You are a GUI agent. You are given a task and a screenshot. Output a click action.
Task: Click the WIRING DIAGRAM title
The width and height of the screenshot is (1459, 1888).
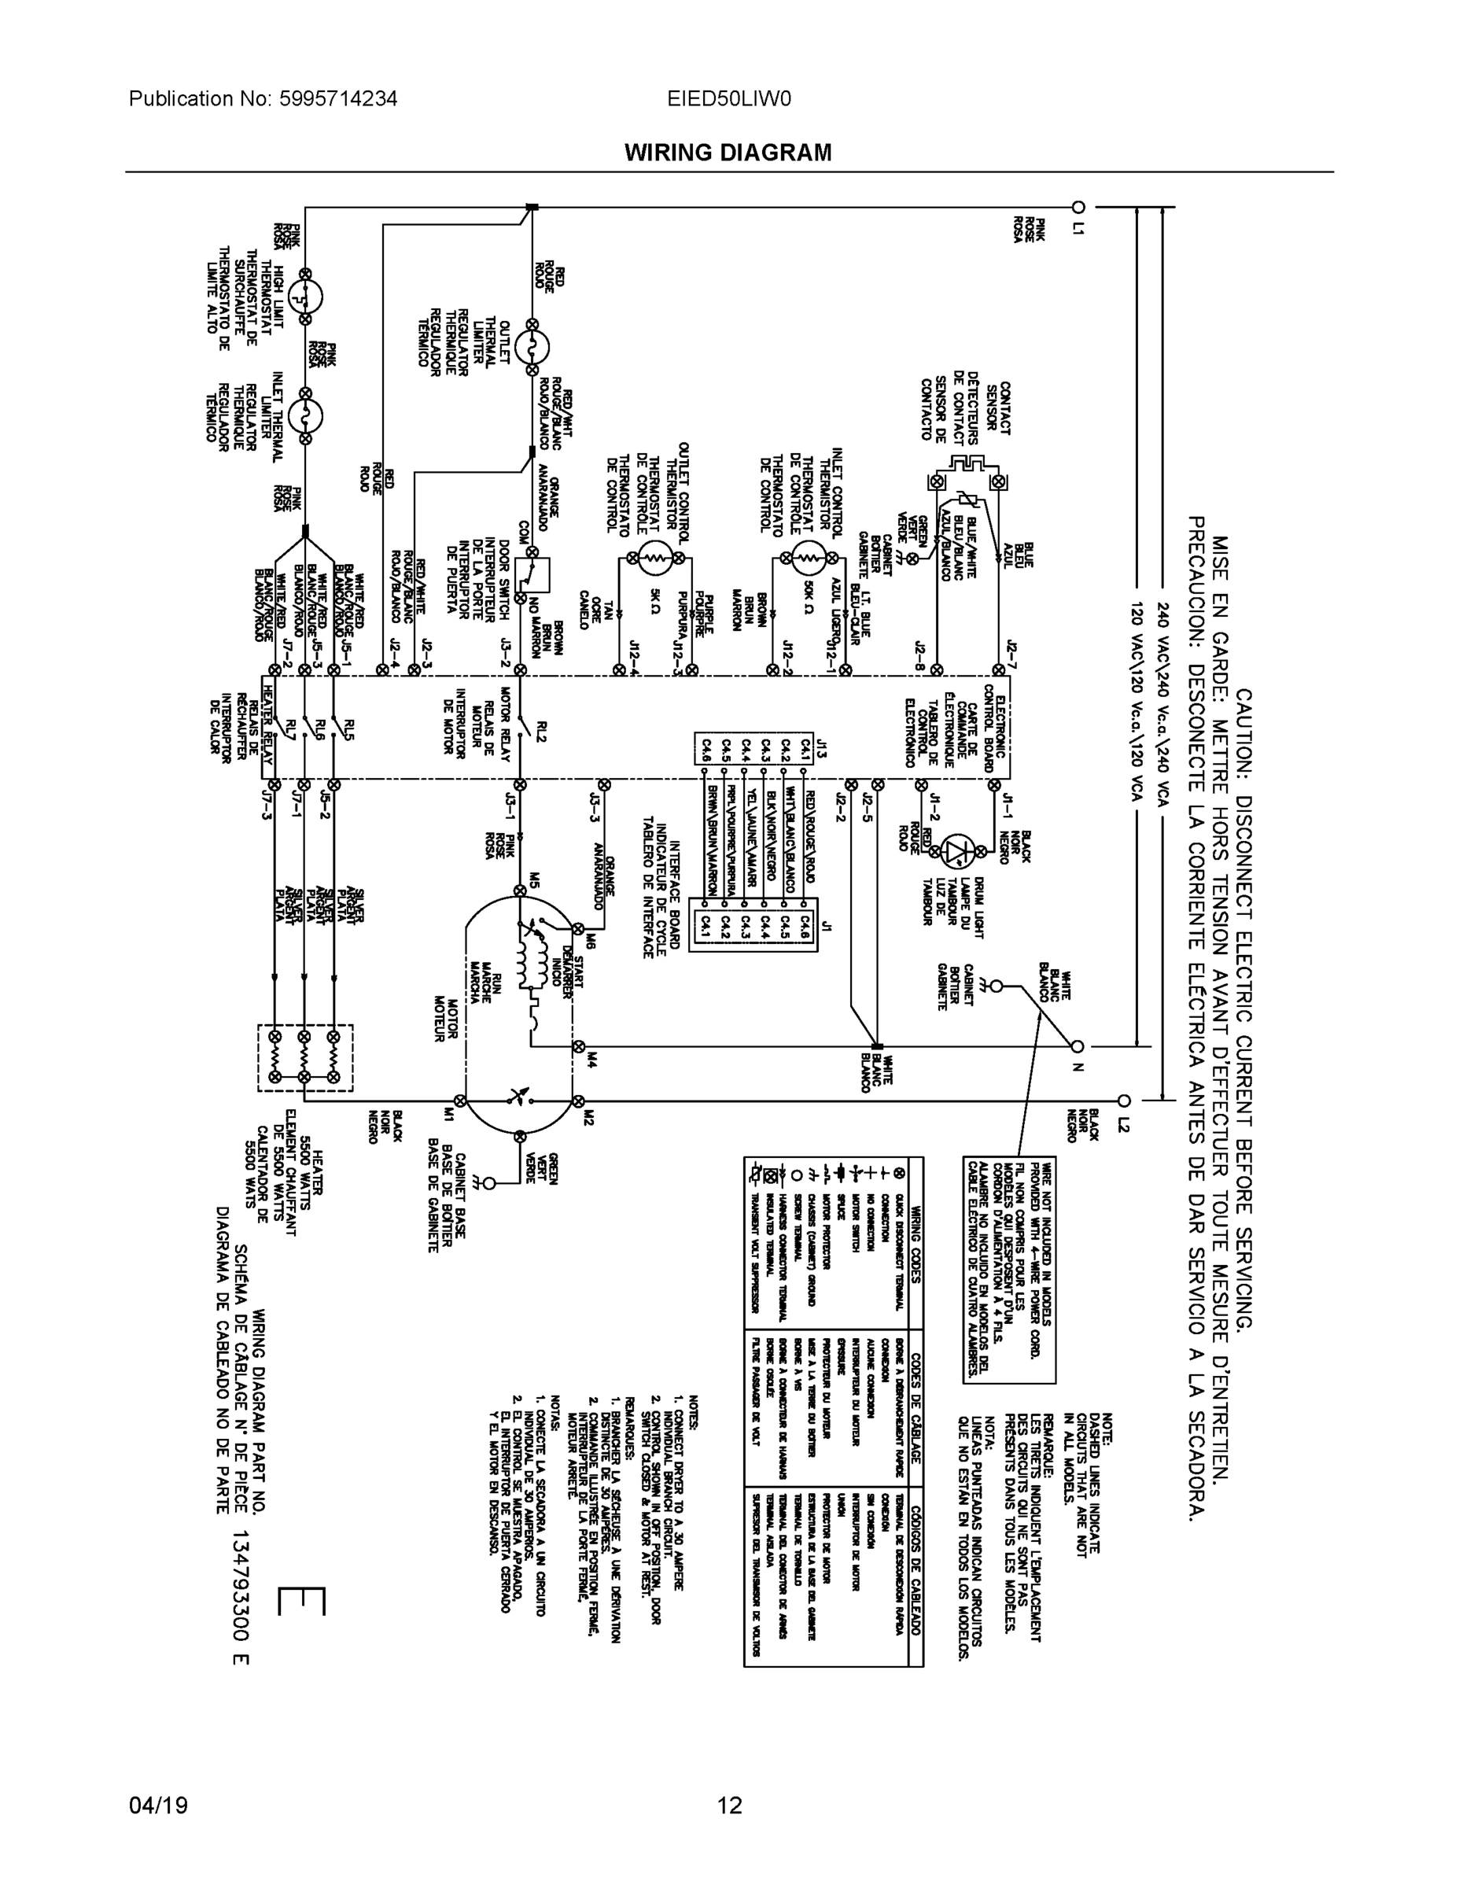tap(728, 153)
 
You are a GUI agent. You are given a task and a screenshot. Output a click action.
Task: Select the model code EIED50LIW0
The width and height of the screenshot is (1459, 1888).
tap(728, 98)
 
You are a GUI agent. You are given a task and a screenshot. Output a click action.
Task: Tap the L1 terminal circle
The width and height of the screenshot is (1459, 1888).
tap(1078, 207)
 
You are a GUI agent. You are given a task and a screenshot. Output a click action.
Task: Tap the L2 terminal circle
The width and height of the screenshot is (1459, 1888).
tap(1124, 1101)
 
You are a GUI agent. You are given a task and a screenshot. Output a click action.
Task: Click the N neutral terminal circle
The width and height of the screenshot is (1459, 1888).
tap(1077, 1045)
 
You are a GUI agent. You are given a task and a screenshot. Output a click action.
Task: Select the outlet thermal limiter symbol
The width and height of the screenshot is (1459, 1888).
tap(532, 347)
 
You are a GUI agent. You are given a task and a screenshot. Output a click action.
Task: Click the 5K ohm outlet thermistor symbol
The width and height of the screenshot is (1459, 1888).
tap(655, 559)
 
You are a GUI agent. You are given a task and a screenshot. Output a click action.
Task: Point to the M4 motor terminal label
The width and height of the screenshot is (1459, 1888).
tap(591, 1056)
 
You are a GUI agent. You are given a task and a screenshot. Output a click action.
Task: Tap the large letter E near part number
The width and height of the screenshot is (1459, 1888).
tap(303, 1601)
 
